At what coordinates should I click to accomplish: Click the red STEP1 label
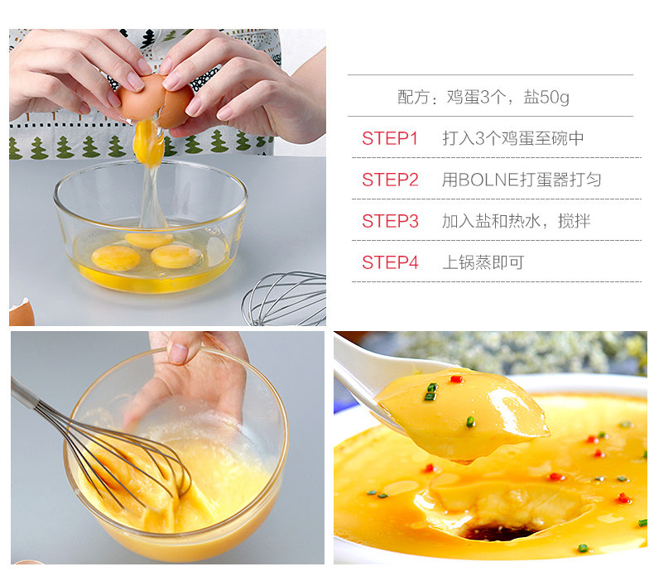tap(390, 138)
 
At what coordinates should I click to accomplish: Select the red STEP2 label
tap(390, 180)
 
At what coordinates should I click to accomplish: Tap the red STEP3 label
tap(390, 221)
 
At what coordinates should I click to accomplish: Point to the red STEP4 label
tap(390, 262)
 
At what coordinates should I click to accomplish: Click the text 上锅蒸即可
tap(483, 262)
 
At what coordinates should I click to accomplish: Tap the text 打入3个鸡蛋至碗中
tap(513, 138)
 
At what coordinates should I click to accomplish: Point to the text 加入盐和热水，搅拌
tap(517, 221)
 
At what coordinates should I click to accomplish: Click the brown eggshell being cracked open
tap(155, 100)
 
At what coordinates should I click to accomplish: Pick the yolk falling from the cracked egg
tap(148, 142)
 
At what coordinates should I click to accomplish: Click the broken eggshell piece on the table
tap(22, 312)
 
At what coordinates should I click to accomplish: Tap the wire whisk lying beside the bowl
tap(284, 299)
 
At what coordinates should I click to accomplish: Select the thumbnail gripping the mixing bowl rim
tap(179, 353)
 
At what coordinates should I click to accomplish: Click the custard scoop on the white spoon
tap(462, 414)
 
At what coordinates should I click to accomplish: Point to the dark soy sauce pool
tap(498, 532)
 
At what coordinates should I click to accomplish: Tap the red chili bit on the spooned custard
tap(457, 379)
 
